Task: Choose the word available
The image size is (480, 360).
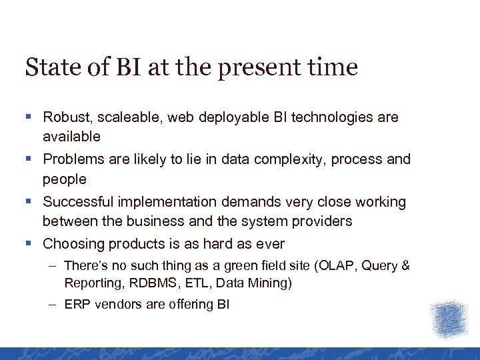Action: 71,137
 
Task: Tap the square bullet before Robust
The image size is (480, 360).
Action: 29,118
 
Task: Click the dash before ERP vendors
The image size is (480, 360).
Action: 53,305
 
